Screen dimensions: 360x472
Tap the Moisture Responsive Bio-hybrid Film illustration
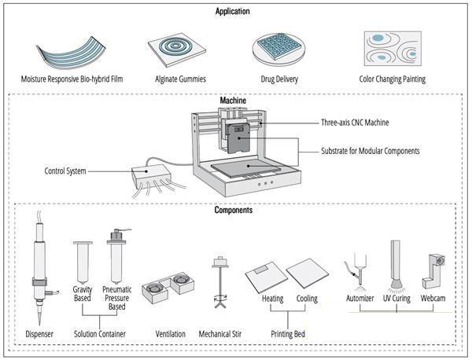[69, 51]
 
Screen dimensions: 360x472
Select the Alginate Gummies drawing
[178, 50]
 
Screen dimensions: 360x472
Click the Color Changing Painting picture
[392, 50]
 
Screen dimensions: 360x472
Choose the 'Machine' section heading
[232, 101]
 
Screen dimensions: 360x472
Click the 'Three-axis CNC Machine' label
[354, 123]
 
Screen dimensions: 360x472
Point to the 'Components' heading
[234, 211]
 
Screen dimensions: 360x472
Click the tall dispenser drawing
[39, 267]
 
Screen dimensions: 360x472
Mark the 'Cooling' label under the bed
[307, 299]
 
